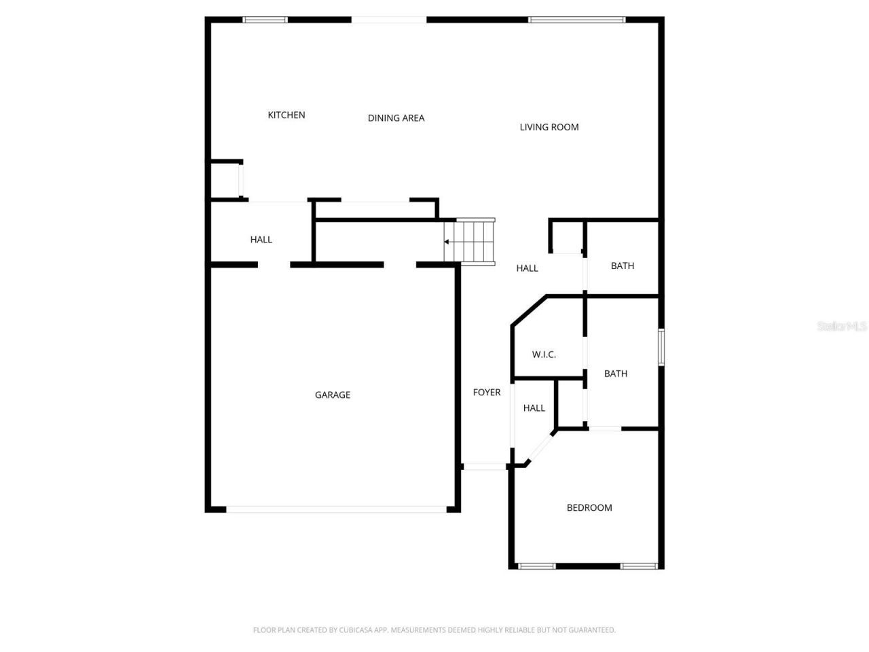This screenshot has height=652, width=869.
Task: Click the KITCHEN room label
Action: tap(286, 115)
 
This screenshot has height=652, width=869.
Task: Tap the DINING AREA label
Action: tap(396, 118)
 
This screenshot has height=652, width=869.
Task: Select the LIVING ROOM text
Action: tap(549, 127)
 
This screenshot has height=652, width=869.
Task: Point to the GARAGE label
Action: tap(333, 395)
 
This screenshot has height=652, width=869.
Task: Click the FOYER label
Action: tap(487, 393)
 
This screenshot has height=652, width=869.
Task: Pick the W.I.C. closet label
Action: tap(544, 355)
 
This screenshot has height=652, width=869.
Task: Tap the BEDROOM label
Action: tap(589, 507)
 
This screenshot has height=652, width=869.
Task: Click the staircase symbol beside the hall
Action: tap(475, 240)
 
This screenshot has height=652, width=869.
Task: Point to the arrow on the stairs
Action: tap(447, 241)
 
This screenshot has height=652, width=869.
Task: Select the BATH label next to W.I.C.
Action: tap(616, 374)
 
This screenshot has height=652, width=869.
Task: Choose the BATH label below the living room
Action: tap(623, 266)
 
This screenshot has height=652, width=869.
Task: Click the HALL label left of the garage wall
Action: tap(261, 239)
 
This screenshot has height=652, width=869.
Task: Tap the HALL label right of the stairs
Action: tap(527, 268)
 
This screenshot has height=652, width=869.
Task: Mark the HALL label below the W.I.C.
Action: tap(534, 408)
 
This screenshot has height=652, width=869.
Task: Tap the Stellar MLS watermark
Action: tap(842, 327)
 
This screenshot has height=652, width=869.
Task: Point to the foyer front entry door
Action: tap(485, 467)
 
